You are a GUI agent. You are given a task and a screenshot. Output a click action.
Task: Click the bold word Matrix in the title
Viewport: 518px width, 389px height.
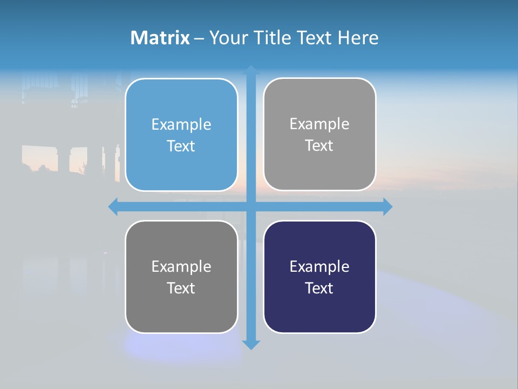160,38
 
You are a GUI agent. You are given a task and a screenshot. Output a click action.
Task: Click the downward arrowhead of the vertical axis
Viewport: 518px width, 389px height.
251,345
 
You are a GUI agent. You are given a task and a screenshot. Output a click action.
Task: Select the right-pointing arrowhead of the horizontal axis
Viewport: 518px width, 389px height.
387,206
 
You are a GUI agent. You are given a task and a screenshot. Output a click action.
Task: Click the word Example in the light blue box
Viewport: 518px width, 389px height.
181,124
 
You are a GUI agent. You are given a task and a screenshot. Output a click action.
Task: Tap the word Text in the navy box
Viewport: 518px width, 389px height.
319,288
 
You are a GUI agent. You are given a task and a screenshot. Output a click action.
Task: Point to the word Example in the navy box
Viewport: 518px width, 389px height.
319,266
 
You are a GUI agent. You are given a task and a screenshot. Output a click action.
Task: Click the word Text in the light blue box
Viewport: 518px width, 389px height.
181,146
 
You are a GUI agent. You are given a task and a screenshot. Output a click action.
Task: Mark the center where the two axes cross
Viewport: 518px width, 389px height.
251,206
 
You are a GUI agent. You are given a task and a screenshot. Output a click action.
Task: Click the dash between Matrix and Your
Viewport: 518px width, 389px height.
199,38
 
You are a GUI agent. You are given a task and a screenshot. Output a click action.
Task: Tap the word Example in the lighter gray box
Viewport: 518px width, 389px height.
319,124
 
